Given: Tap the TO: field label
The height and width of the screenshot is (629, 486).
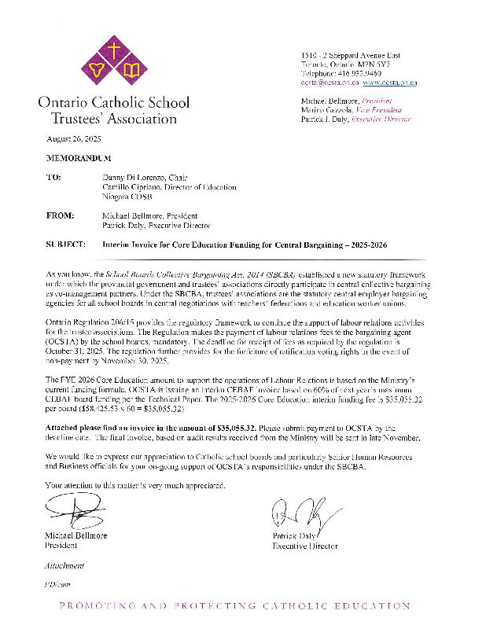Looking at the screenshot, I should click(53, 178).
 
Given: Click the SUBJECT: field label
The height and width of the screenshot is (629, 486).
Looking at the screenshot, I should click(65, 245).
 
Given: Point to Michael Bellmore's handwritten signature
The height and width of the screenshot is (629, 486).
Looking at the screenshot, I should click(75, 515).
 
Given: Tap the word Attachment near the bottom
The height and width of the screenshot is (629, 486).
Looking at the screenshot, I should click(65, 565).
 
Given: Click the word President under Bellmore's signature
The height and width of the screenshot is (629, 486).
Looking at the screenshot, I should click(61, 545).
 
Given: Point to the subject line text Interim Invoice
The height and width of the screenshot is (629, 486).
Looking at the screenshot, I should click(133, 245).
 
